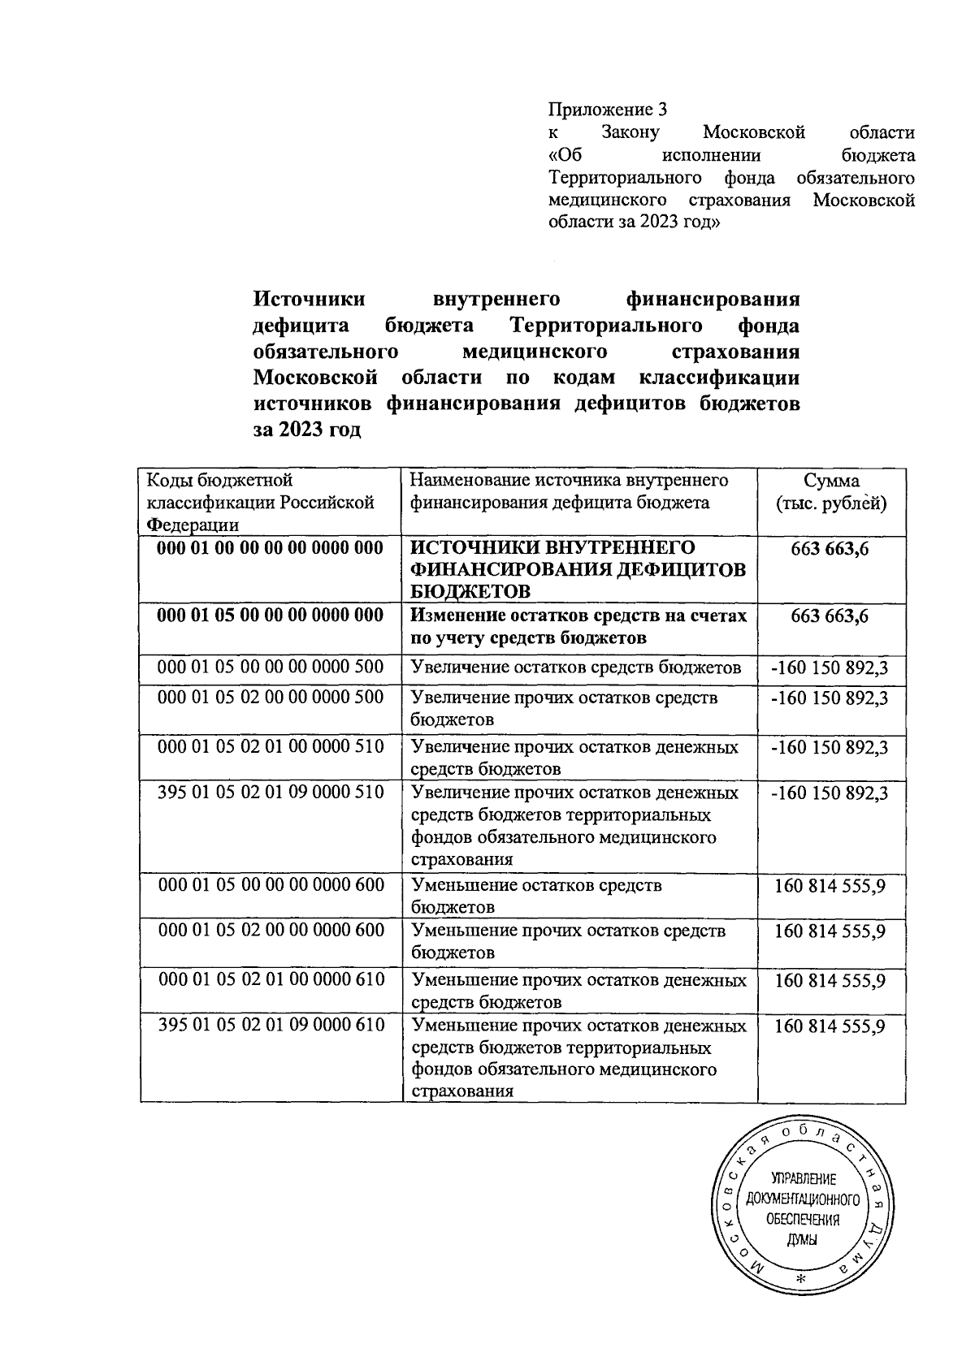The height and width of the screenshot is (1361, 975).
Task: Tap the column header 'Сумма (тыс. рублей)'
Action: click(x=831, y=491)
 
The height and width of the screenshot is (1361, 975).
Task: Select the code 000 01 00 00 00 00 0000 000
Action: click(x=271, y=548)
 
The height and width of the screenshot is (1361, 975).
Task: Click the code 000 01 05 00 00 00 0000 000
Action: click(x=271, y=616)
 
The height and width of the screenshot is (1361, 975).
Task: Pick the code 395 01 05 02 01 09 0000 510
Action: click(x=271, y=792)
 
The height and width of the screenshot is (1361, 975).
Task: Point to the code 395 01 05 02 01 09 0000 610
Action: click(x=271, y=1026)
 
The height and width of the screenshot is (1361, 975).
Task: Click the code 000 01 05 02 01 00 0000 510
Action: click(x=271, y=745)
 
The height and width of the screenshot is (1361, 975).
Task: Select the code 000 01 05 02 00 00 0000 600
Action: click(x=271, y=931)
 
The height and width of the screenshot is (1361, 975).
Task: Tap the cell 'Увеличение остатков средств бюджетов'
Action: click(x=577, y=668)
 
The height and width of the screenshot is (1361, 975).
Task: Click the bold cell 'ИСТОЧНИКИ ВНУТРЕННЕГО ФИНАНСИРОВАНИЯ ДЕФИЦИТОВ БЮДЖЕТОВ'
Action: click(x=578, y=568)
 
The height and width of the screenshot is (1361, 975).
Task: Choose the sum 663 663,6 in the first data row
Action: click(x=830, y=549)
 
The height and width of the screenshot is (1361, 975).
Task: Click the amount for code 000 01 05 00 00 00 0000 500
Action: click(x=830, y=668)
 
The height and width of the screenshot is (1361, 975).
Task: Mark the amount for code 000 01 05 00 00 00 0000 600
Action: click(x=830, y=885)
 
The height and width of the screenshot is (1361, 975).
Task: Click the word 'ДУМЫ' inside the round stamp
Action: click(x=803, y=1240)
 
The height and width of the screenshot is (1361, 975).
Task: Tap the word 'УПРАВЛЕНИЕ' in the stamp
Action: click(x=803, y=1179)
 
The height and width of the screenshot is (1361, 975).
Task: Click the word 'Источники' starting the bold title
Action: click(x=310, y=300)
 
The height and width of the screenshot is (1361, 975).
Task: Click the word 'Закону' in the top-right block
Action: click(x=631, y=132)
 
